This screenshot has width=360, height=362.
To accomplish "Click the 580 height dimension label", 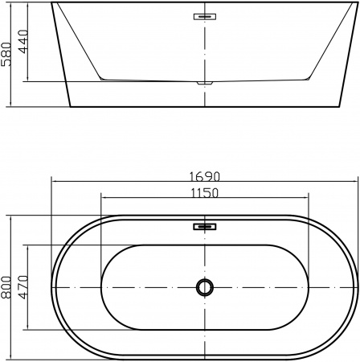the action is pos(6,55).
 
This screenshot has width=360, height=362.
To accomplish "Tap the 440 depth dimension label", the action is pos(22,42).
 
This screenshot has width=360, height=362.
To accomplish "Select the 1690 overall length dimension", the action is pos(205,177).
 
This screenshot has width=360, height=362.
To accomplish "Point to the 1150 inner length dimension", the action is pos(205,193).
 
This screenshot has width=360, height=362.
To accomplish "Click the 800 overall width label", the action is pos(6,287).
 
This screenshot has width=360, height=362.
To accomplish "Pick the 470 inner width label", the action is pos(22,287).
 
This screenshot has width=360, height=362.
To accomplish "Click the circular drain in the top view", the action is pos(205,287).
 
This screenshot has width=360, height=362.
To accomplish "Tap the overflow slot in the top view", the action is pos(205,227).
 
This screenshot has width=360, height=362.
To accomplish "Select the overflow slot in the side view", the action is pos(205,17).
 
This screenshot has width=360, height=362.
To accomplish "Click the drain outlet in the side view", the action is pos(205,83).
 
